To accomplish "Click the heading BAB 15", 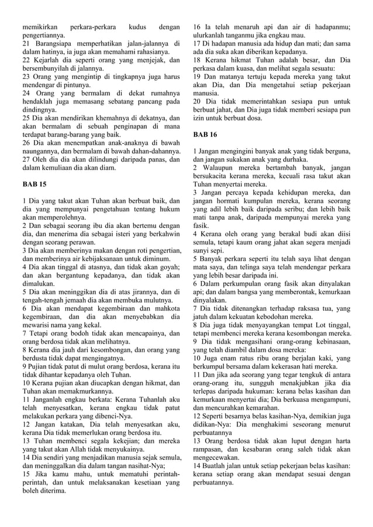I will click(x=34, y=184).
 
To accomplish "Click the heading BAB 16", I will click(x=205, y=134).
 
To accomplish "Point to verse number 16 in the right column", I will click(x=197, y=27).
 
